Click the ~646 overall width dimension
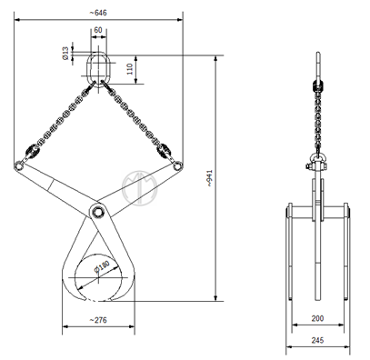tap(98, 13)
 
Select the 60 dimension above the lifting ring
tap(98, 30)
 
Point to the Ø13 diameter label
tap(65, 53)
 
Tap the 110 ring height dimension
tap(130, 69)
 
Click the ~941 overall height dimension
tap(209, 178)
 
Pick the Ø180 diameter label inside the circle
tap(102, 266)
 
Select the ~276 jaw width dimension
tap(98, 320)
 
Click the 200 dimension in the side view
tap(317, 318)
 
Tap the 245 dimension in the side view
tap(317, 340)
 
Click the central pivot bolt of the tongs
tap(97, 211)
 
